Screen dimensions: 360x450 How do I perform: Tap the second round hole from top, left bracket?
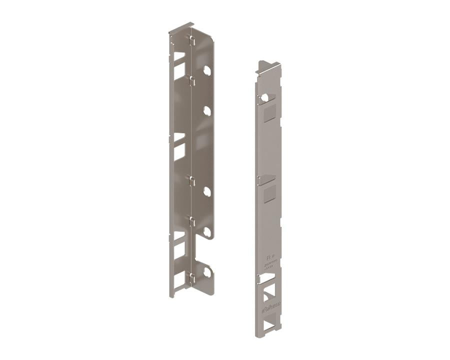pos(206,111)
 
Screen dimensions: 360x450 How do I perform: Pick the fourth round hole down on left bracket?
pos(206,230)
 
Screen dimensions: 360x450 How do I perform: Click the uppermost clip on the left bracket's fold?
pos(191,39)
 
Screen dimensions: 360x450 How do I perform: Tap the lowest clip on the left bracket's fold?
pos(191,276)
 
